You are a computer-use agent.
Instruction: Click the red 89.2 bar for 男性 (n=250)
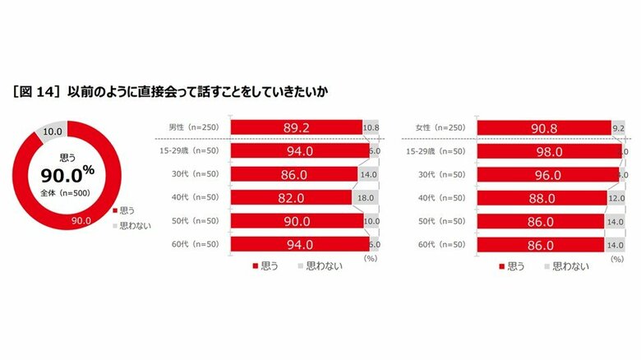click(x=296, y=127)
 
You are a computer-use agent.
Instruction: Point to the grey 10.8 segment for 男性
click(x=371, y=127)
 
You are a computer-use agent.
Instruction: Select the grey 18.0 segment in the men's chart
click(x=366, y=198)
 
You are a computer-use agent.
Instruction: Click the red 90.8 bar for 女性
click(x=544, y=127)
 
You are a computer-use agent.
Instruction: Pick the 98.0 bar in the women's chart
click(x=548, y=151)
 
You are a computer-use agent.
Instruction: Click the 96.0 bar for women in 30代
click(x=546, y=175)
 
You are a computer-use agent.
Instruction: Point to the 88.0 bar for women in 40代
click(x=541, y=198)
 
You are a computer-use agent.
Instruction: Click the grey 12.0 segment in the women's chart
click(x=612, y=198)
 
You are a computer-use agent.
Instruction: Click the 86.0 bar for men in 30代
click(x=293, y=175)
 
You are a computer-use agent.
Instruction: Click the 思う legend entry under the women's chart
click(x=511, y=266)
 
